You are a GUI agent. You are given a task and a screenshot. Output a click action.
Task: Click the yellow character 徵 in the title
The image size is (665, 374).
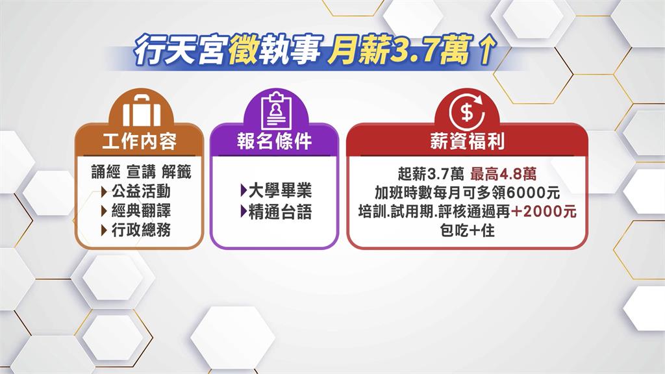point(242,51)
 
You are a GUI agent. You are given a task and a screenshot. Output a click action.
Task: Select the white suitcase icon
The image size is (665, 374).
point(142,108)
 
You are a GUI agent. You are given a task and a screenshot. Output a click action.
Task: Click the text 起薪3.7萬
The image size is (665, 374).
point(431,174)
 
